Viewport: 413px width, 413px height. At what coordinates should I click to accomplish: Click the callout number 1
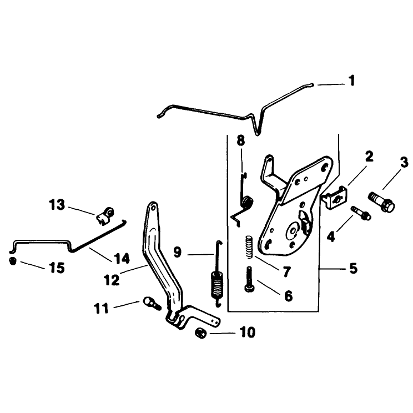coord(351,80)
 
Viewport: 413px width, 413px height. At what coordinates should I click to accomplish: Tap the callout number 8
coord(241,140)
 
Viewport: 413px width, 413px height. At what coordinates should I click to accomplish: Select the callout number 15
coord(57,268)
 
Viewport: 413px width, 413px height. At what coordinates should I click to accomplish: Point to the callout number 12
coord(112,280)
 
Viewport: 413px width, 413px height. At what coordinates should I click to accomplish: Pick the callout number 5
coord(353,268)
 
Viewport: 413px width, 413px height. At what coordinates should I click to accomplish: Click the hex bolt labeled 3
coord(381,202)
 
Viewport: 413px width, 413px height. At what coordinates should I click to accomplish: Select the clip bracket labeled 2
coord(334,197)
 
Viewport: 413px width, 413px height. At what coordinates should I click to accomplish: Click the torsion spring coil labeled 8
coord(248,203)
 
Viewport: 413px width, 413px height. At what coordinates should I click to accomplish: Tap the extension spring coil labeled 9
coord(217,285)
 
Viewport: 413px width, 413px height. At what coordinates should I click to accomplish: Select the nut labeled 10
coord(200,333)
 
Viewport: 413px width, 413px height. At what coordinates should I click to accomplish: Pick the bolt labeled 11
coord(152,304)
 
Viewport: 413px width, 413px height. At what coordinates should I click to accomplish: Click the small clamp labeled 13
coord(105,216)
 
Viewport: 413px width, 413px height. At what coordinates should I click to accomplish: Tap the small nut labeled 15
coord(13,261)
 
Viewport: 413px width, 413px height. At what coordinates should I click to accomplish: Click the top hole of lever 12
coord(152,208)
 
